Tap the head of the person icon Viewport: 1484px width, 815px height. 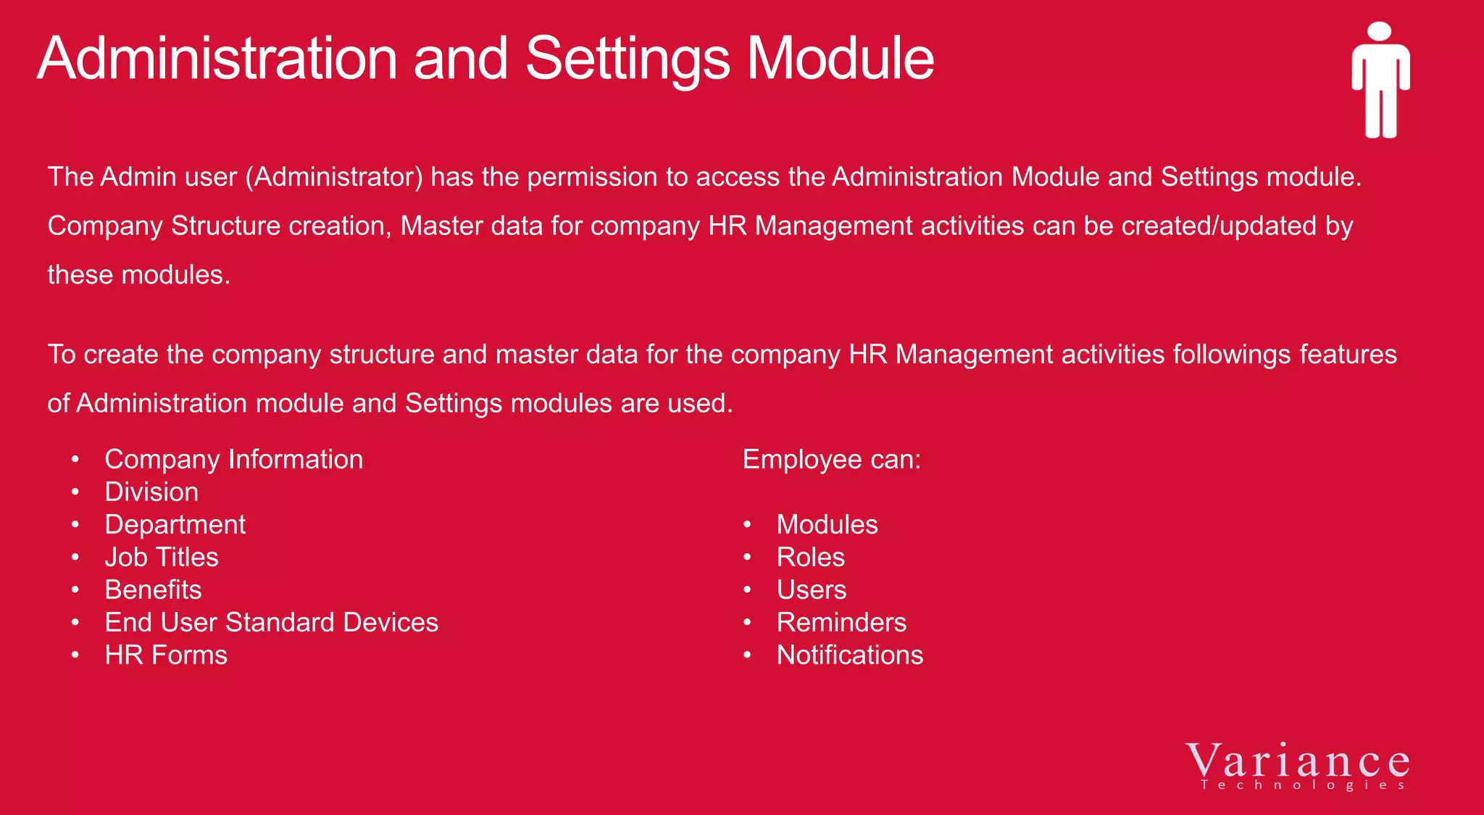[x=1380, y=32]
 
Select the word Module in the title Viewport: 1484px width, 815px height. [x=841, y=59]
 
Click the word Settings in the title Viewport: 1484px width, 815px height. [x=628, y=59]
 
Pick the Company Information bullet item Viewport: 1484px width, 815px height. [x=233, y=460]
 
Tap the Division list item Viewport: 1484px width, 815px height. [x=151, y=492]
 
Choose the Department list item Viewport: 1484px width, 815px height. [x=175, y=525]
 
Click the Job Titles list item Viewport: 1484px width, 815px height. [x=162, y=558]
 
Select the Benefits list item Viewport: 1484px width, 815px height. [x=153, y=590]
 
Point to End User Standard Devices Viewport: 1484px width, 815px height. [x=271, y=623]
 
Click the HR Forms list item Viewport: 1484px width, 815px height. [x=166, y=655]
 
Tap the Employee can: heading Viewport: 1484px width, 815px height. [x=832, y=460]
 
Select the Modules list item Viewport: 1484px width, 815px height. [x=827, y=525]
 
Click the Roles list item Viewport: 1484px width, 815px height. [x=810, y=558]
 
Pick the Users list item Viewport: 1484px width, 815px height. [x=812, y=590]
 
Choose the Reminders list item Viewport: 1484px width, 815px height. [x=841, y=623]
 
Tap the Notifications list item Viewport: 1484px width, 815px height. [x=850, y=655]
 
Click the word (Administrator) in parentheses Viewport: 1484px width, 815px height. [x=334, y=178]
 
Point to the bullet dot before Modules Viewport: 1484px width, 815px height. [x=747, y=525]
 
